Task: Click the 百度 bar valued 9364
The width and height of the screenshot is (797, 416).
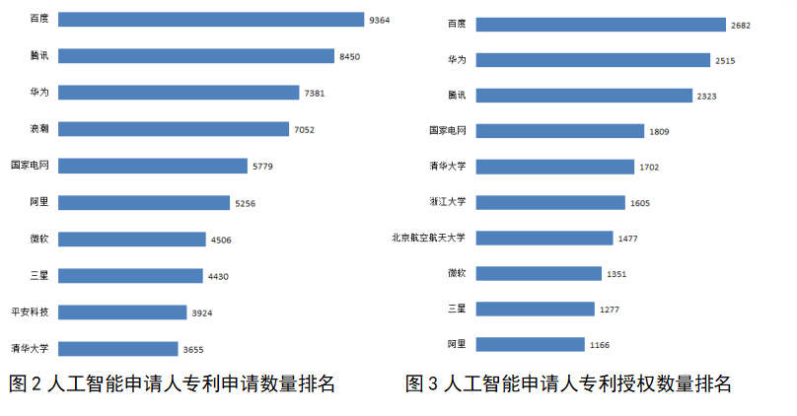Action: click(x=209, y=20)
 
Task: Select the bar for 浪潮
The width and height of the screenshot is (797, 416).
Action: click(x=174, y=129)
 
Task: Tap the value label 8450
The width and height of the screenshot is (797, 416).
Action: click(x=349, y=56)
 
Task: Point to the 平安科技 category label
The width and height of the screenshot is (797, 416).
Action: click(x=29, y=312)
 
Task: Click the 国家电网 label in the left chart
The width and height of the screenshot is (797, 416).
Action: click(x=29, y=166)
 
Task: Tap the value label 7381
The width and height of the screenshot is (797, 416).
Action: click(x=315, y=93)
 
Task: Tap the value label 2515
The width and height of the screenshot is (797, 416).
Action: click(x=725, y=60)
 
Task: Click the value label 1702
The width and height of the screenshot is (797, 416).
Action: click(x=649, y=167)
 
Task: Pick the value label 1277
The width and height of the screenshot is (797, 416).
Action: click(x=610, y=310)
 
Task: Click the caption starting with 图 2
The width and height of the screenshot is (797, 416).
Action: click(x=172, y=384)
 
